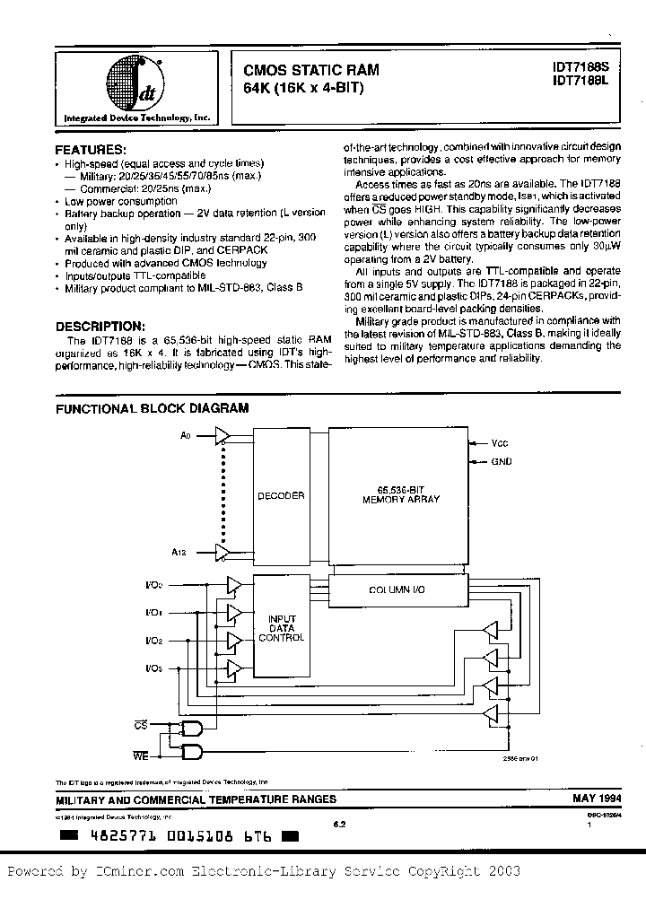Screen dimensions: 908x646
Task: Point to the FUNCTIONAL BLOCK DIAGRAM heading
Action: click(x=152, y=407)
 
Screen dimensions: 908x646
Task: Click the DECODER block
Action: click(x=281, y=495)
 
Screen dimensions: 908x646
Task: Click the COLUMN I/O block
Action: click(x=401, y=589)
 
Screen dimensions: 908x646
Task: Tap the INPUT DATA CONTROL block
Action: click(x=281, y=628)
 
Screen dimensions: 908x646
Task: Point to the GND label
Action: click(x=502, y=461)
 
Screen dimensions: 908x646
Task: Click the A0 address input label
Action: click(x=186, y=435)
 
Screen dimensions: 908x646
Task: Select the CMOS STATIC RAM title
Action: click(x=311, y=69)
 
